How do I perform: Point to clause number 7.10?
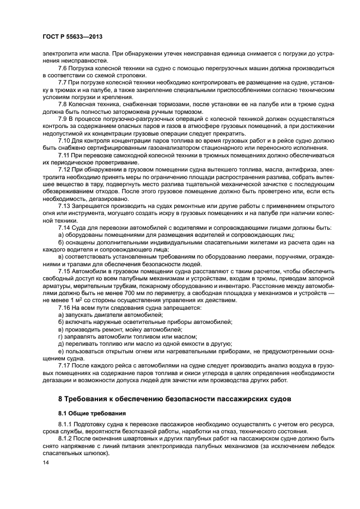pos(64,140)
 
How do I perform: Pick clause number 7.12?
pos(64,170)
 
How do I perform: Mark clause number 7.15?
pos(64,270)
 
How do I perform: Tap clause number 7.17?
pos(64,364)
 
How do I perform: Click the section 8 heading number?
pos(61,399)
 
